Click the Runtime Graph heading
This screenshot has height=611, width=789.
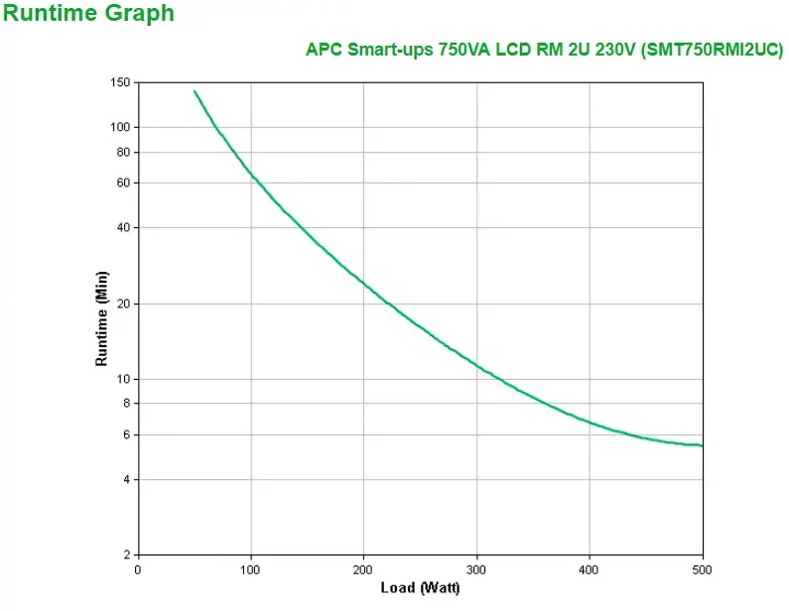(88, 14)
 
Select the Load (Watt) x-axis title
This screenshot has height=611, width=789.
(420, 588)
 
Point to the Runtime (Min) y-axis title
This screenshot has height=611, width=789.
(101, 317)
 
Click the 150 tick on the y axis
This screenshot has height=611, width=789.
(121, 82)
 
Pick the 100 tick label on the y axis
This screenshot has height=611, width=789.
(121, 127)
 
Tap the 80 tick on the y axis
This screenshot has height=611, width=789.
(124, 152)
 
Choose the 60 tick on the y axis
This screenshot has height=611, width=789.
(124, 183)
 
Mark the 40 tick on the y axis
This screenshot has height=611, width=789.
(124, 227)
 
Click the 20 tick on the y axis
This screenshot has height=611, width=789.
(124, 304)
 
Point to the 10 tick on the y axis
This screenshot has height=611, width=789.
(124, 379)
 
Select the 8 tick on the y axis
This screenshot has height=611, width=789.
(127, 403)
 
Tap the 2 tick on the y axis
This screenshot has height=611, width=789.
(127, 554)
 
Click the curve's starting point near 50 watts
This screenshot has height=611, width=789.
(195, 91)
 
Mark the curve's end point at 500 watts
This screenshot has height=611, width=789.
(702, 445)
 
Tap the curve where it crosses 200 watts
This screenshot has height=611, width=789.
(364, 285)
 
